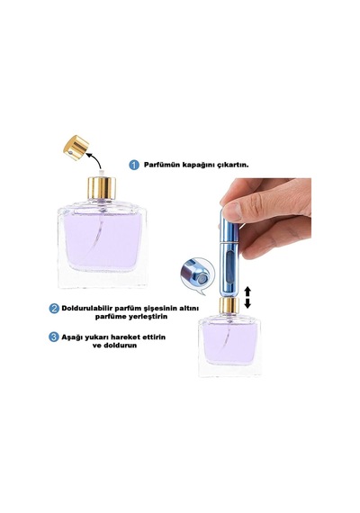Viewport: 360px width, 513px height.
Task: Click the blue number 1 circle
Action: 134,165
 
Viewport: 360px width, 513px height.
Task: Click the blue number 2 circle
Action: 54,308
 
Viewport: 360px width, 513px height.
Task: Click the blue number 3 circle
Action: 54,337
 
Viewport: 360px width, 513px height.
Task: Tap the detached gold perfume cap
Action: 76,148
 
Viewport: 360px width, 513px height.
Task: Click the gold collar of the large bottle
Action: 102,188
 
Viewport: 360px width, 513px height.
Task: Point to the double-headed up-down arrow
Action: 247,297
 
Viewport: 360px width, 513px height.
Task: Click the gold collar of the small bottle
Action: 229,305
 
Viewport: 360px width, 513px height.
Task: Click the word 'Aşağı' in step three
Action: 72,337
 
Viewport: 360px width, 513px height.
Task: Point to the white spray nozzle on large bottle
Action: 102,173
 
